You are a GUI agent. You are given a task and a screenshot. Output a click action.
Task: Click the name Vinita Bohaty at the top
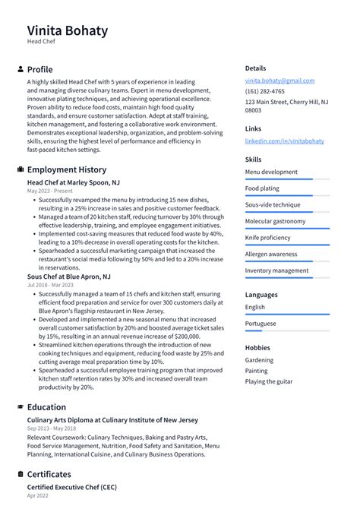coord(68,31)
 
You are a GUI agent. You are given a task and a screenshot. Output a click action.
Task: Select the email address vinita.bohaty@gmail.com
coord(279,81)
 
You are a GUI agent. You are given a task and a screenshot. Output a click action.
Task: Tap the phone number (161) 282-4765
coord(265,91)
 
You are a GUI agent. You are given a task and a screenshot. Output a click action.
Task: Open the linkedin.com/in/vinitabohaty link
coord(284,141)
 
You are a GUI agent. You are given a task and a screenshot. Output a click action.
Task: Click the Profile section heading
coord(39,69)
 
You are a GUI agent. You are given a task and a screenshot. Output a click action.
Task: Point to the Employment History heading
coord(67,169)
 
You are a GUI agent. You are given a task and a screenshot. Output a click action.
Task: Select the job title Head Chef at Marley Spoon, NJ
coord(73,183)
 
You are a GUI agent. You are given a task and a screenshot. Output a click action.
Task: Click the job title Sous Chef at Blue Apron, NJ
coord(68,277)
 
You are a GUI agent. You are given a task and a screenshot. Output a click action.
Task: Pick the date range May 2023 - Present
coord(50,191)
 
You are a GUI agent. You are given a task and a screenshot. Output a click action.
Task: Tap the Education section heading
coord(46,407)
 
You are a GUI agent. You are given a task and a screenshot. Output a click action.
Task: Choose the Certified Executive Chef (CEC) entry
coord(71,487)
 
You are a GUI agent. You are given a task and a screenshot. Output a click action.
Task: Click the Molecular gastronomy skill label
coord(276,221)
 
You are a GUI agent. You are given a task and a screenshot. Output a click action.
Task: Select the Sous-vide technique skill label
coord(273,204)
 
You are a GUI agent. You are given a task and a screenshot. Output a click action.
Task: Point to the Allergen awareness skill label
coord(271,254)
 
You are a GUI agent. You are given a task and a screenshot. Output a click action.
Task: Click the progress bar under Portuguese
coord(287,330)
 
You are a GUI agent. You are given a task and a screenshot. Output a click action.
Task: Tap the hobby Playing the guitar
coord(269,381)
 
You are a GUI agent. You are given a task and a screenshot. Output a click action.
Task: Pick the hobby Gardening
coord(259,360)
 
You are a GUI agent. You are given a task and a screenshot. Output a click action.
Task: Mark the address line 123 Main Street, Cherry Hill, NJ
coord(286,101)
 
